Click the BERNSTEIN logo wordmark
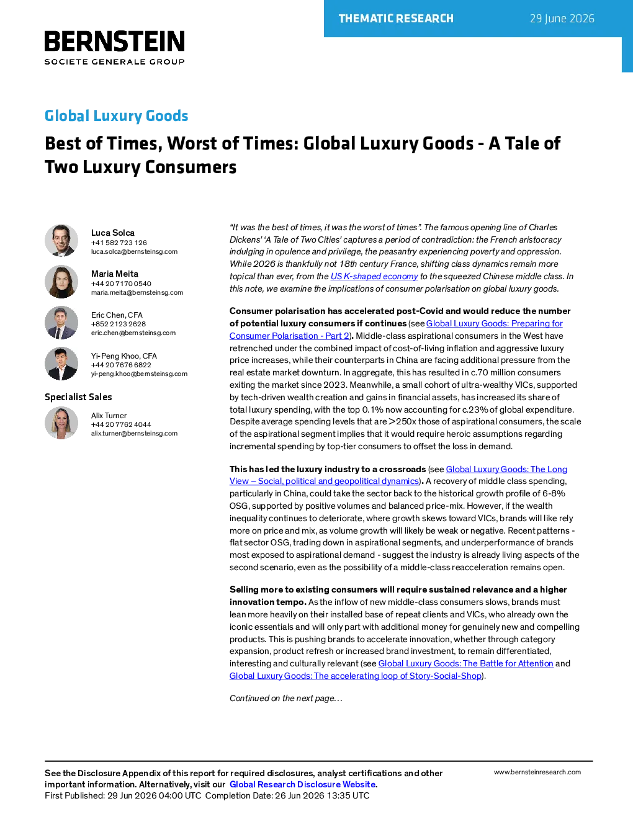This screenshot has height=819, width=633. [115, 41]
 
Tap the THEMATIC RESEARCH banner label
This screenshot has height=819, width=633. [396, 19]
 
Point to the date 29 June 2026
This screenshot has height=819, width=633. [562, 19]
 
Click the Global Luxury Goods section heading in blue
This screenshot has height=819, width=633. [116, 115]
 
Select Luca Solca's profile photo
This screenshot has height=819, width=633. [61, 241]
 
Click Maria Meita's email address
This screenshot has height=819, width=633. [137, 292]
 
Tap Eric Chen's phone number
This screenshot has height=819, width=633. [118, 324]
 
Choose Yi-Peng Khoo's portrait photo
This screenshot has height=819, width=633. [61, 364]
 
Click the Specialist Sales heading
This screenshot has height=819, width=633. [78, 397]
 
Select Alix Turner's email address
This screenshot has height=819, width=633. [134, 434]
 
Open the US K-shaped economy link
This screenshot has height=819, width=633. [374, 276]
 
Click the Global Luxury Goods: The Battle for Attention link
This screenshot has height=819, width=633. [465, 663]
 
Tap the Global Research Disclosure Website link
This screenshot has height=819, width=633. [303, 784]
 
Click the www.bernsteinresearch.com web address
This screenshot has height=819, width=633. [537, 772]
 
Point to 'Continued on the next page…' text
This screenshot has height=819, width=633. [285, 698]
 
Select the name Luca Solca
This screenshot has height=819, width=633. [113, 233]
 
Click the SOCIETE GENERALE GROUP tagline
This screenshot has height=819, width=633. [115, 61]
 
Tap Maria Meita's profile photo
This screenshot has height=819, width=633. [61, 282]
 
